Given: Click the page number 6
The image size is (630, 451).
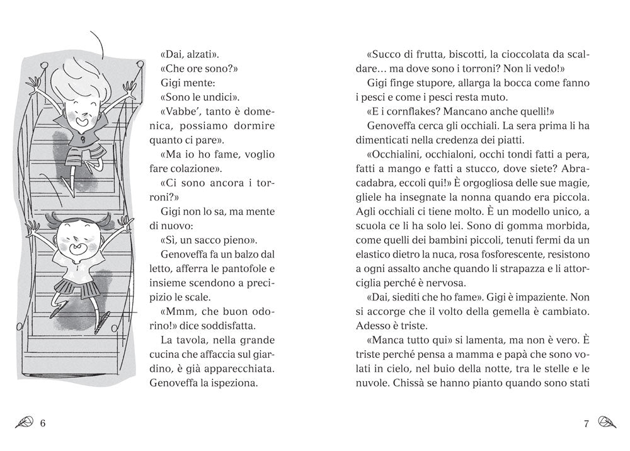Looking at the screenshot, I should pyautogui.click(x=43, y=423).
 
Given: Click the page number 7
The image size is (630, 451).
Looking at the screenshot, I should pyautogui.click(x=586, y=423).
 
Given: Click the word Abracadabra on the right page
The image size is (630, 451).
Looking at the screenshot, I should pyautogui.click(x=572, y=168).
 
